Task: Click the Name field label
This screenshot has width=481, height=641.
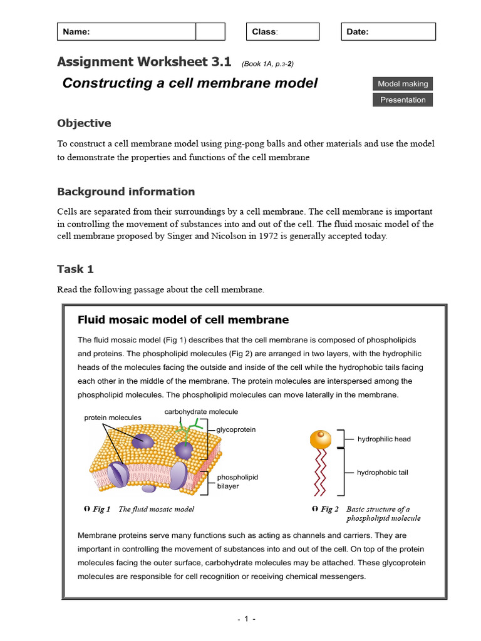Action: point(76,32)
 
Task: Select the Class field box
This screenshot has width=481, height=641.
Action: point(282,32)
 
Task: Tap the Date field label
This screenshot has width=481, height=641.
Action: point(358,32)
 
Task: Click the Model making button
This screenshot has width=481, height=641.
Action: point(403,84)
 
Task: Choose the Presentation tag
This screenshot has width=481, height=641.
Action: point(403,100)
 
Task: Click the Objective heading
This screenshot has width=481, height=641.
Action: point(84,123)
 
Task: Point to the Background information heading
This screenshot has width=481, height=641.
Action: point(126,192)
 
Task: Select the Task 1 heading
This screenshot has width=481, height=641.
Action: point(75,269)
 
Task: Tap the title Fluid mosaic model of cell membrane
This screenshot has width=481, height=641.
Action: point(183,320)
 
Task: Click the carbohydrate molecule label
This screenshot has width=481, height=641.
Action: point(201,412)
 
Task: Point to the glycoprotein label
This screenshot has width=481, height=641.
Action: point(236,430)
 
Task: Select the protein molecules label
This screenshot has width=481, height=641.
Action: point(113,418)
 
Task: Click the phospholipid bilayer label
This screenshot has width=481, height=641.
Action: point(237,481)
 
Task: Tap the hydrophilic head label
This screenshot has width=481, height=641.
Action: point(384,439)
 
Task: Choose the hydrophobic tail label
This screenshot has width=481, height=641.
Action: point(382,473)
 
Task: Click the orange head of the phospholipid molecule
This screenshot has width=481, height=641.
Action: point(321,439)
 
